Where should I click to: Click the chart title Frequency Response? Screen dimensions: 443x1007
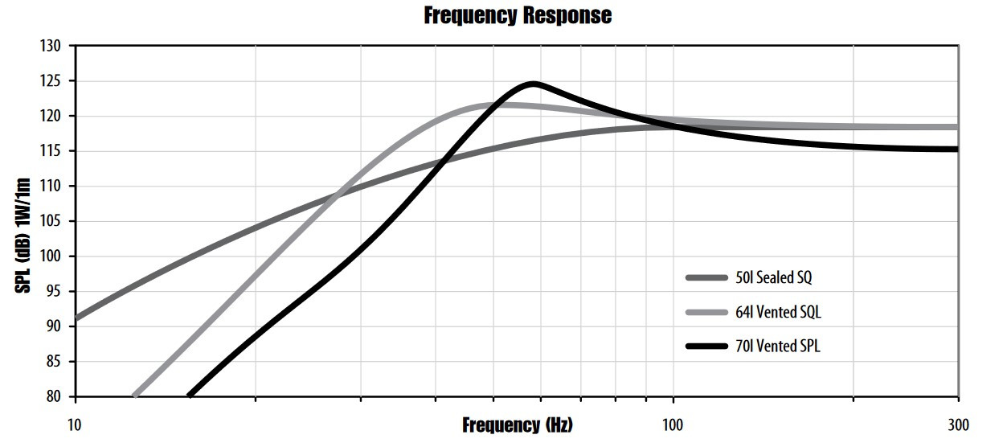point(518,15)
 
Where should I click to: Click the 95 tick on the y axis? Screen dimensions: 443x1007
point(53,292)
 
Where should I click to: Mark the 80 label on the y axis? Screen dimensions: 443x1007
point(53,397)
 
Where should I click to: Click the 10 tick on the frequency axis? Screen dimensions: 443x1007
point(75,425)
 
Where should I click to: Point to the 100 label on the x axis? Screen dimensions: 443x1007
point(673,425)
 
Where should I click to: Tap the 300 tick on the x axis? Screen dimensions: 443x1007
point(958,425)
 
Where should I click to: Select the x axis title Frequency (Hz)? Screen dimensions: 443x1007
point(518,425)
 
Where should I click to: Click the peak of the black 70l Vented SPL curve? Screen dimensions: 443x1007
point(532,84)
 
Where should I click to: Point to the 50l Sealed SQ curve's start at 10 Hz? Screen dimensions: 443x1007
point(76,318)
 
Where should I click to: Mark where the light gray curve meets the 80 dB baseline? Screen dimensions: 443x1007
point(135,396)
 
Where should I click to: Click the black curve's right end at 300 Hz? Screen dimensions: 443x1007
point(956,149)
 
